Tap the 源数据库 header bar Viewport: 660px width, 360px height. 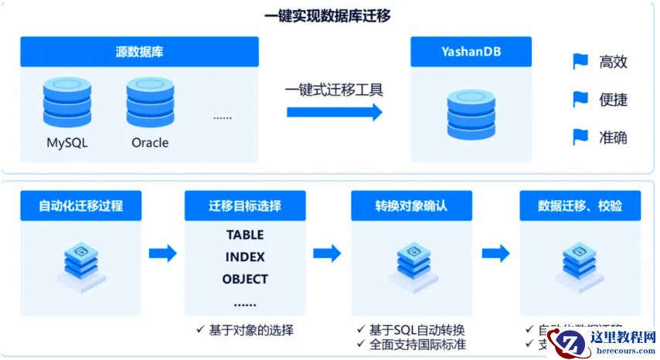pos(139,52)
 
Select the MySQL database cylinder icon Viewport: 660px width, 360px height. pos(67,100)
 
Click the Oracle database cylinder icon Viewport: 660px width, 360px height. pos(150,100)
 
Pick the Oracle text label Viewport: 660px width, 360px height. pos(150,143)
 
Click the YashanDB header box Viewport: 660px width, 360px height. pos(471,52)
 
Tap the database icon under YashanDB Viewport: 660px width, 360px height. pos(471,114)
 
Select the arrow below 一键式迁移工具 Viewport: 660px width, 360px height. pos(334,112)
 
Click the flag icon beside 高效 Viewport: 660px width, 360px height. pos(580,62)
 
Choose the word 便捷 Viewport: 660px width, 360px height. pos(613,100)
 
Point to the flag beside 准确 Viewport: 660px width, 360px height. pos(580,137)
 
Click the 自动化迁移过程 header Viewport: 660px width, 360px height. pos(81,206)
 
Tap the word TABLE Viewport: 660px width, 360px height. pos(245,235)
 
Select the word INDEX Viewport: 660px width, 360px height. pos(245,257)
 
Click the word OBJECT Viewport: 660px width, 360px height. pos(245,279)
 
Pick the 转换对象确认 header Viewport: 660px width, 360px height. pos(411,206)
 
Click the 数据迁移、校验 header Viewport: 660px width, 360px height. pos(580,206)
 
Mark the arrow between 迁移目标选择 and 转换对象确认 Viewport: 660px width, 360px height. pos(327,253)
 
